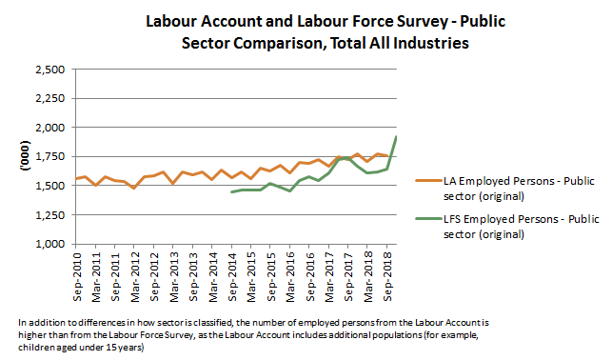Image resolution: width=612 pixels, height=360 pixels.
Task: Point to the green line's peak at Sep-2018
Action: pyautogui.click(x=397, y=137)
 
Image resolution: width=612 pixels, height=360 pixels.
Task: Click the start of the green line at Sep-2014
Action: pyautogui.click(x=232, y=192)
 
